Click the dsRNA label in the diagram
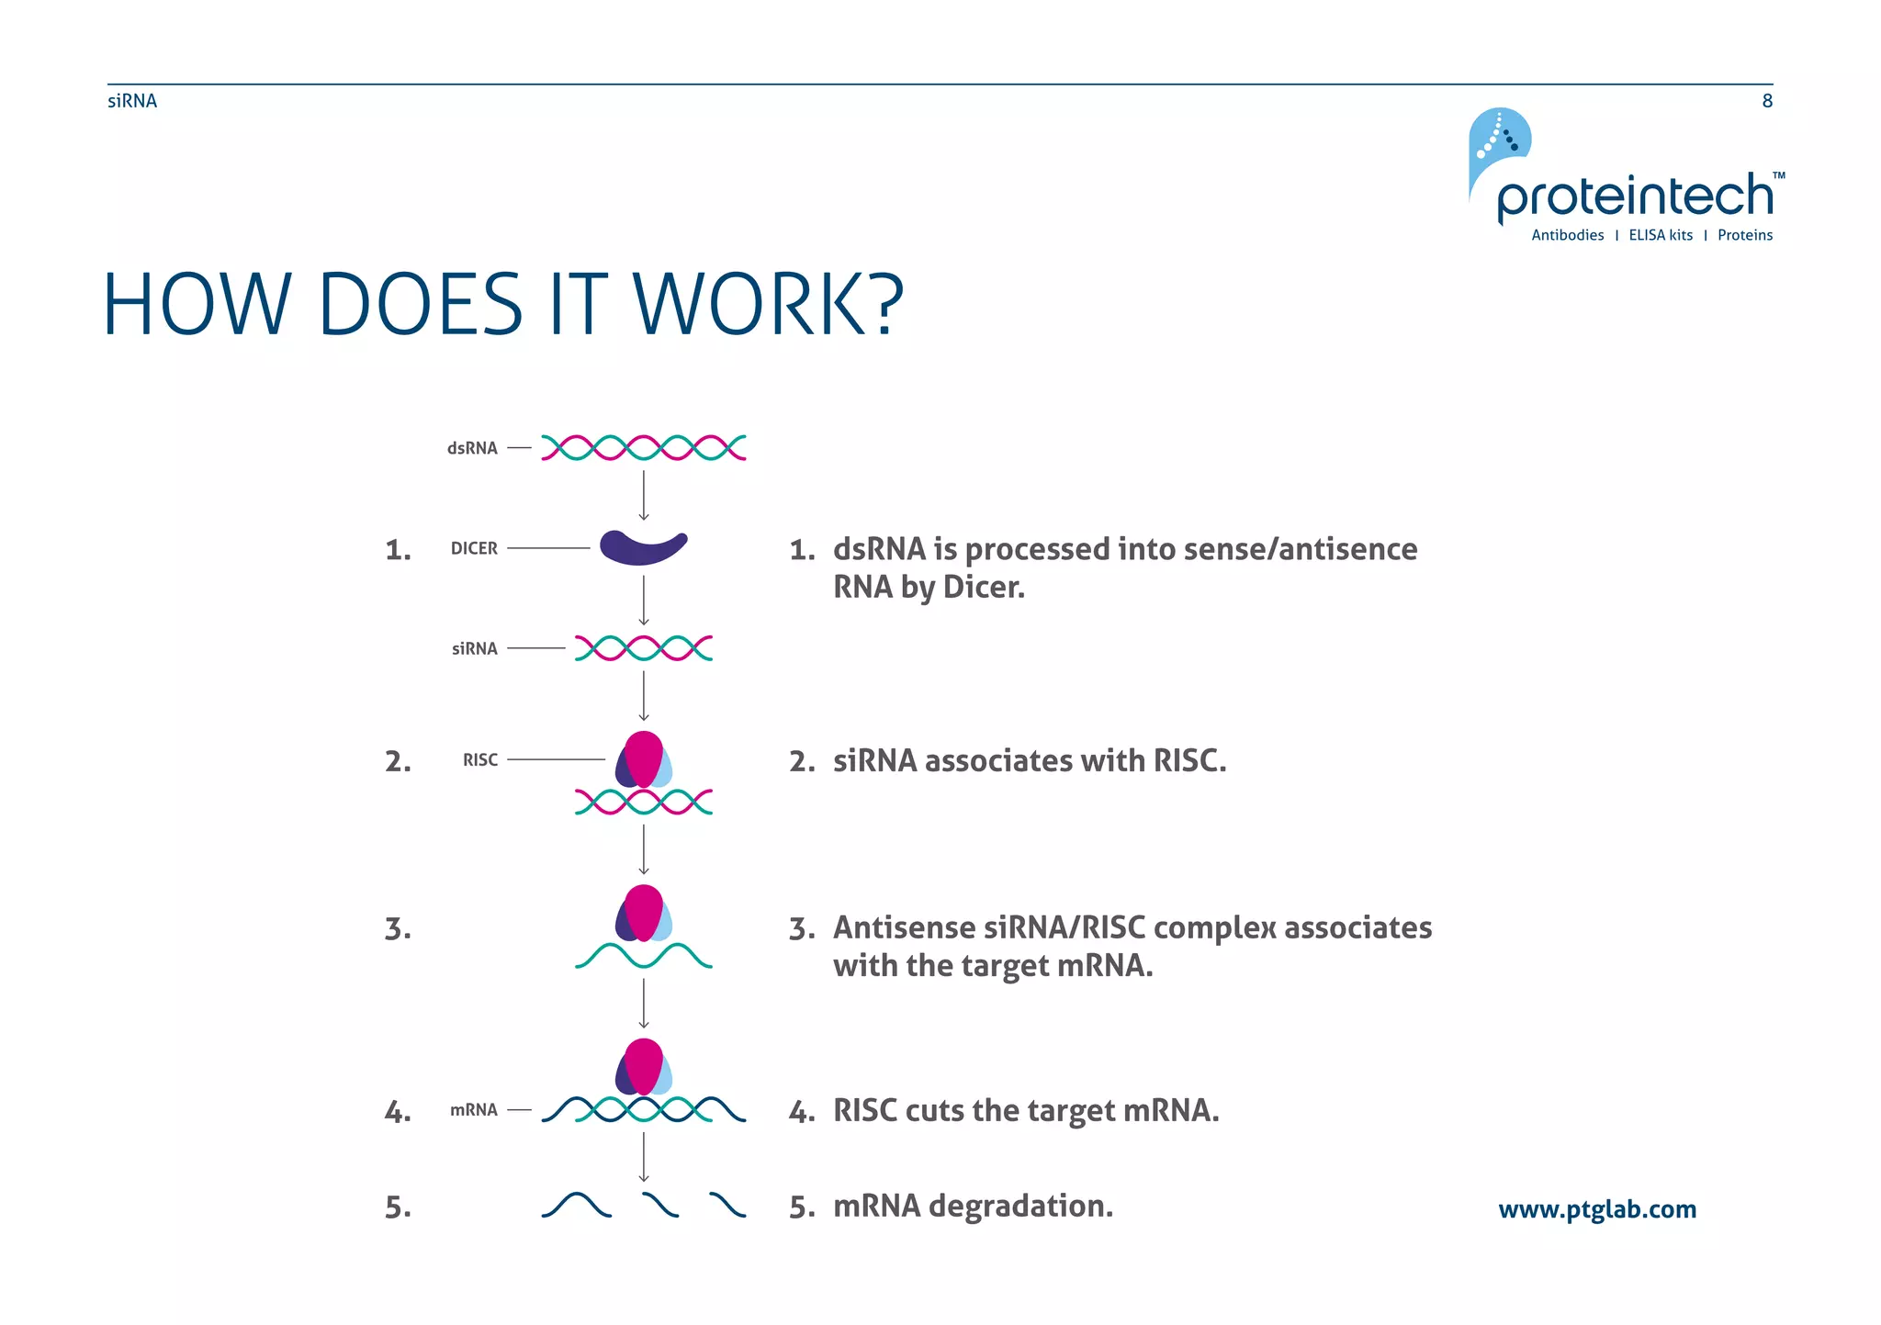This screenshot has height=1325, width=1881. [x=472, y=448]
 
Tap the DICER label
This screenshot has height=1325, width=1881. [x=474, y=548]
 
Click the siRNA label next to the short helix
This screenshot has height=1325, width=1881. [x=474, y=648]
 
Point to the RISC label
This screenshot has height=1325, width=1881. [x=480, y=759]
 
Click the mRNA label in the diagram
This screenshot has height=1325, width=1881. [x=474, y=1109]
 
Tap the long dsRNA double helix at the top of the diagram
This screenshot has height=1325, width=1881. [x=643, y=448]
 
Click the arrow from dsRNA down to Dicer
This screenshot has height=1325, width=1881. [x=644, y=496]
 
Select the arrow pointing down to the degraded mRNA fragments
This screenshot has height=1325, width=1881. [x=644, y=1157]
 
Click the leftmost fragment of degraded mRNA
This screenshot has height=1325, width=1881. [x=576, y=1205]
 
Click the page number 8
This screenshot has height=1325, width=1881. [x=1767, y=101]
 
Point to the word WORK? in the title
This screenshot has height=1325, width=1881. [x=768, y=304]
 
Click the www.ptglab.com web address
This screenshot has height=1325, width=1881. [x=1597, y=1209]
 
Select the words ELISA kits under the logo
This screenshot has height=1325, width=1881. [x=1661, y=235]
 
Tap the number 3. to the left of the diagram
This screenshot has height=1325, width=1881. [x=398, y=928]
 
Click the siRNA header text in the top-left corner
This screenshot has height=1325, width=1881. [x=132, y=101]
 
